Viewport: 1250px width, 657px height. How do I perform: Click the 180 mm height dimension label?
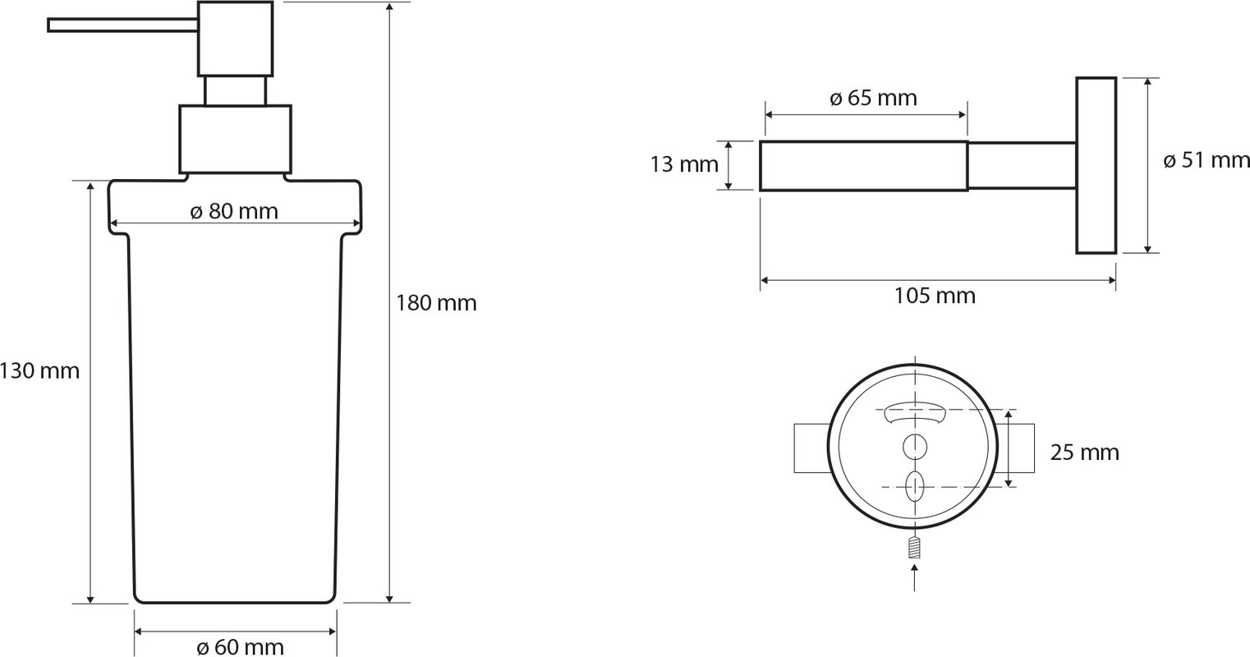click(436, 303)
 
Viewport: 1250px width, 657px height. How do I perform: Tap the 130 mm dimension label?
click(39, 371)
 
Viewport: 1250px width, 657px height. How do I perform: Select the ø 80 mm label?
click(234, 212)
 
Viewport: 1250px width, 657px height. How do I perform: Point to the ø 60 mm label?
click(241, 647)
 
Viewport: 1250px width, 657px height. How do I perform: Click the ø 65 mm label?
click(873, 99)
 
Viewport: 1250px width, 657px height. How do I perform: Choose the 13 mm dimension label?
click(684, 165)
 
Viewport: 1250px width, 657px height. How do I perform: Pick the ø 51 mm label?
click(1206, 160)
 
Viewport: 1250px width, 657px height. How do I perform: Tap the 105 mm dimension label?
click(935, 296)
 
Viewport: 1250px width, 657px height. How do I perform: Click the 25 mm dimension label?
click(1085, 453)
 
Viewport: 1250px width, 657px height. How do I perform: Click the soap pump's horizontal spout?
click(122, 25)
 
